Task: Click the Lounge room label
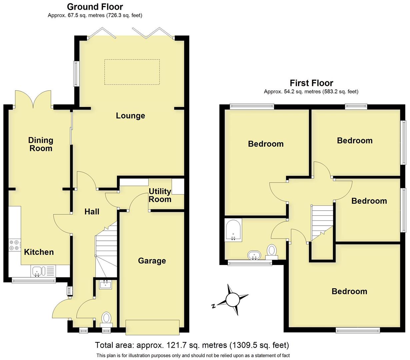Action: pos(130,116)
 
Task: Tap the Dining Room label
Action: pos(41,144)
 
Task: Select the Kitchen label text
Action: pos(39,252)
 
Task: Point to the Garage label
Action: pos(152,261)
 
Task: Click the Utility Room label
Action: pos(160,195)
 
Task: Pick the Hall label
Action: pos(92,212)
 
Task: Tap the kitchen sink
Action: pos(37,271)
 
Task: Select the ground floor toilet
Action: pos(106,318)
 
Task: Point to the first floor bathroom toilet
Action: pos(272,251)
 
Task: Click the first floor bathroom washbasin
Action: pos(254,256)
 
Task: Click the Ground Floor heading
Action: pos(95,7)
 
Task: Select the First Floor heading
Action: pos(311,83)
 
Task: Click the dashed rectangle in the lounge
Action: pos(132,72)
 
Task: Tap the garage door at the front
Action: pos(152,327)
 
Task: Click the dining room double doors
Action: pos(33,99)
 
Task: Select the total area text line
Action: pos(192,345)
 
